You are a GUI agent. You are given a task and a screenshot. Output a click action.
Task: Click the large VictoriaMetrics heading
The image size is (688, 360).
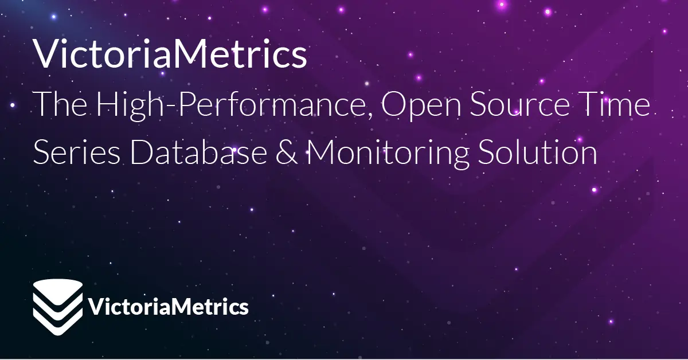click(170, 54)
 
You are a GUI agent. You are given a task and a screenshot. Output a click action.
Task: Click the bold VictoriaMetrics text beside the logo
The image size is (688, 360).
click(169, 306)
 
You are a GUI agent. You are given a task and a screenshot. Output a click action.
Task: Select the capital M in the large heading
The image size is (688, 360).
click(186, 54)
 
